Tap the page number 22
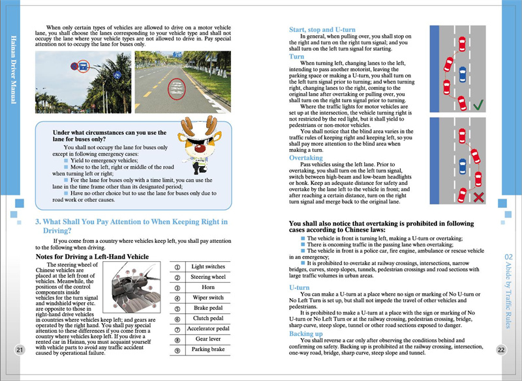pos(501,350)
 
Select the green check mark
pos(478,104)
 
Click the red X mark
pos(478,196)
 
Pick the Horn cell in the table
pos(207,287)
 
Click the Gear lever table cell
pos(207,339)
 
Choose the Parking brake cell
pos(207,349)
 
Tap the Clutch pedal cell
pos(207,318)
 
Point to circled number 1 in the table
pos(177,266)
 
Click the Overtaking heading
pos(306,158)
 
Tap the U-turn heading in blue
pos(299,287)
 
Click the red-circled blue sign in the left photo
pos(83,65)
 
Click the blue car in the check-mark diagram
pos(462,74)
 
